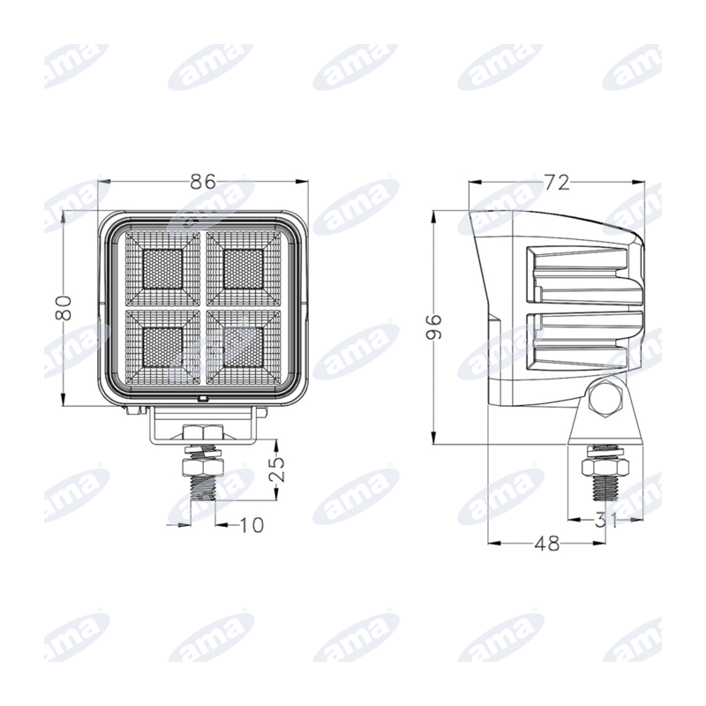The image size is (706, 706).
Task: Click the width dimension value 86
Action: [203, 182]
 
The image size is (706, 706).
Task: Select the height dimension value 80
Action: [64, 307]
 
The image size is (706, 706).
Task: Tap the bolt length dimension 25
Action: [277, 469]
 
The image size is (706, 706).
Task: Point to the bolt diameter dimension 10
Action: [251, 524]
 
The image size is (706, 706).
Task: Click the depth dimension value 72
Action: [557, 183]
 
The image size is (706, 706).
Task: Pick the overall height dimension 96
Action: [434, 326]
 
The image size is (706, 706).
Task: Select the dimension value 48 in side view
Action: [547, 544]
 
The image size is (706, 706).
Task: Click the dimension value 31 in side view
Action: [605, 520]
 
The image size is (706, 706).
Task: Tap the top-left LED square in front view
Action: [163, 269]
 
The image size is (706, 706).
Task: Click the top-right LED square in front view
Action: [244, 269]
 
